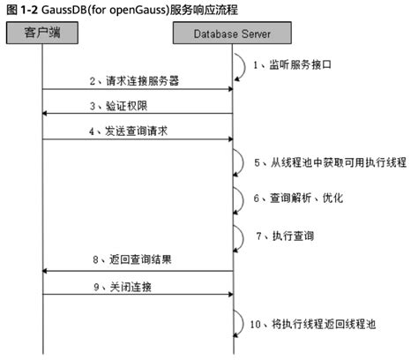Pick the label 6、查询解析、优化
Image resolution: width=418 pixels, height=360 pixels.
click(x=300, y=199)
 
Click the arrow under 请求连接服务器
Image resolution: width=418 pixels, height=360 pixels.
click(x=137, y=89)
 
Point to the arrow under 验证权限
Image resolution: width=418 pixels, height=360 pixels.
click(x=137, y=113)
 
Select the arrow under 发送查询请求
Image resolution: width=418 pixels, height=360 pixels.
click(x=137, y=139)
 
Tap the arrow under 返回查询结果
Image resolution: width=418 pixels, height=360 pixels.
click(x=137, y=271)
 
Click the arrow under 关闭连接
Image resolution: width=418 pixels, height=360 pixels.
click(x=137, y=296)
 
